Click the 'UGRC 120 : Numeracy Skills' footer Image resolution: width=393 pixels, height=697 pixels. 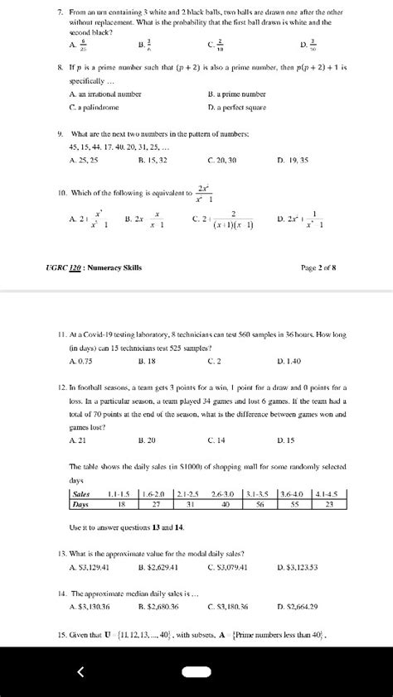click(95, 267)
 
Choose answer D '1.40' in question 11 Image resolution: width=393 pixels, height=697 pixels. click(293, 361)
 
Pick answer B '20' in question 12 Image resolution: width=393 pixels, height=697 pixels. click(147, 440)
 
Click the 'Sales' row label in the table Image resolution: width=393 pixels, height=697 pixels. click(81, 493)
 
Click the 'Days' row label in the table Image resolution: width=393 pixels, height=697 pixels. click(80, 503)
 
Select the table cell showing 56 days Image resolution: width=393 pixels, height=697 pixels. click(260, 503)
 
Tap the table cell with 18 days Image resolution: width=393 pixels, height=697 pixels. click(122, 503)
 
